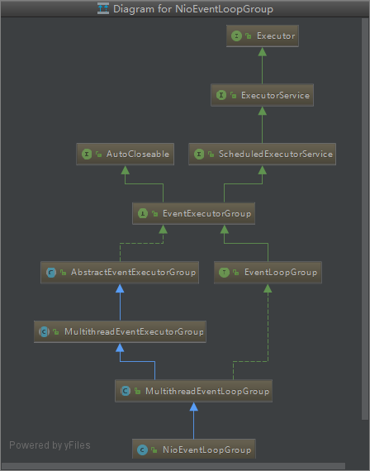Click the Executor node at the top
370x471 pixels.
(261, 36)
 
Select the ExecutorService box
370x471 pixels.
(263, 96)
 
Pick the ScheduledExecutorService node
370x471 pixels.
(262, 154)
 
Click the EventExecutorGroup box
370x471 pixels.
(193, 213)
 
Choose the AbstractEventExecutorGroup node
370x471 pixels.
(120, 272)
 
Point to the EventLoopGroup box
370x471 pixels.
(267, 272)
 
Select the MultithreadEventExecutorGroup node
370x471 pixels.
(120, 331)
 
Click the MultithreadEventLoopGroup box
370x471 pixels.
(193, 390)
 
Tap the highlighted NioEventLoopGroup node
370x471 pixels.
(193, 450)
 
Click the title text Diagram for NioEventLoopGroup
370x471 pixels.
(193, 9)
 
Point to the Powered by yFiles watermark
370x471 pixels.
(50, 445)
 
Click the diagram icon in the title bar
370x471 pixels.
(103, 9)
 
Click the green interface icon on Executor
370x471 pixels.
(236, 36)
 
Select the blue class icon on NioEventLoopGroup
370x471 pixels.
(143, 450)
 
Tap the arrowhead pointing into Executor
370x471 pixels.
(261, 52)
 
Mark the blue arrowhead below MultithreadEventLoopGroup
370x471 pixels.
(193, 406)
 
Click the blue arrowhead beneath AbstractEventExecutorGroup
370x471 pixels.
(120, 288)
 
